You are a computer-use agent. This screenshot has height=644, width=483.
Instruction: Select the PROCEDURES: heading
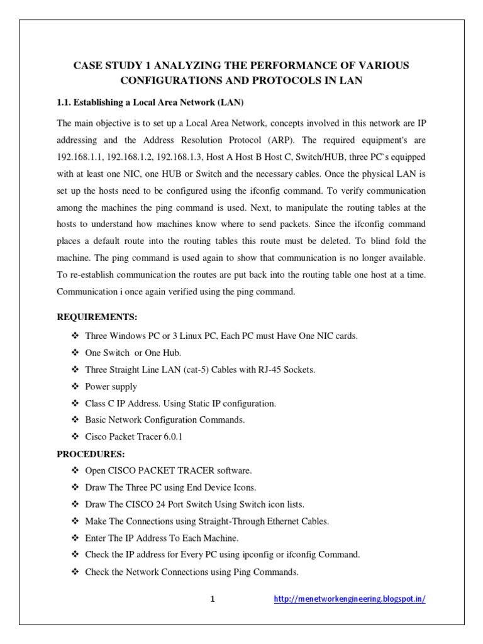[x=91, y=453]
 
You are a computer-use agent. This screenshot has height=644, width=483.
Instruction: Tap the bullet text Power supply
[x=111, y=387]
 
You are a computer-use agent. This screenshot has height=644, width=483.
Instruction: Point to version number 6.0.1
[x=170, y=436]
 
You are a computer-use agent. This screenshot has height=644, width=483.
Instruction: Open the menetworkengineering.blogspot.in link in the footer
[x=350, y=599]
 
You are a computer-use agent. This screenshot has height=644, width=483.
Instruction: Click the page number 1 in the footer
[x=213, y=599]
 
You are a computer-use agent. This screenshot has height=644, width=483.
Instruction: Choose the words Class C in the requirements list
[x=99, y=403]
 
